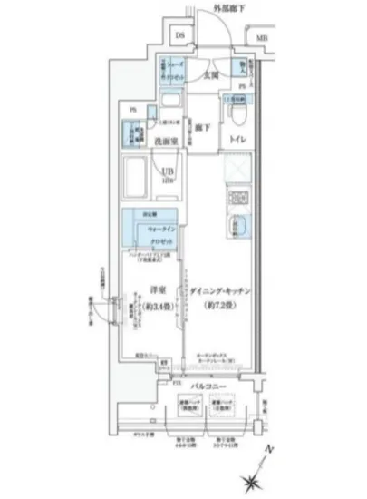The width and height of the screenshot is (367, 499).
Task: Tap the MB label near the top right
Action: (x=262, y=38)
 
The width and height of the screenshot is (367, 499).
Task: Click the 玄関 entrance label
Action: (x=209, y=76)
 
